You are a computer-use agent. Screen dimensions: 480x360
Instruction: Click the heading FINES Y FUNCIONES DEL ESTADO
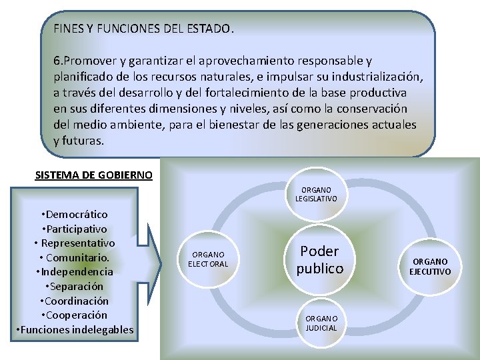point(143,29)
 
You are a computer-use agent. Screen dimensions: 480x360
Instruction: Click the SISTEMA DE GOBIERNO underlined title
point(93,175)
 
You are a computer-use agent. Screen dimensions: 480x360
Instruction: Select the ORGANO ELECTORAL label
point(208,259)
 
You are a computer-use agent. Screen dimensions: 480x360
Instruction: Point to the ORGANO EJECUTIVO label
point(431,267)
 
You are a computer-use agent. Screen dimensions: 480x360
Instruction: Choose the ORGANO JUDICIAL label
point(321,323)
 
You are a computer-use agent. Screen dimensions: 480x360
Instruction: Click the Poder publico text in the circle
point(320,259)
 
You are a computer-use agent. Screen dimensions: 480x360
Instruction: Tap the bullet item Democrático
point(74,214)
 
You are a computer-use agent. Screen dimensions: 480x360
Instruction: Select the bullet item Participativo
point(74,229)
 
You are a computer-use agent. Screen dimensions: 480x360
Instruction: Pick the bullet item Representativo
point(74,243)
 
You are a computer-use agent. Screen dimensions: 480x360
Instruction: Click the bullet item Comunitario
point(74,257)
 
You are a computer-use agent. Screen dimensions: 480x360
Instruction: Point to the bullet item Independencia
point(74,271)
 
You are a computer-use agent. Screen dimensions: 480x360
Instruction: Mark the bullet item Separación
point(74,286)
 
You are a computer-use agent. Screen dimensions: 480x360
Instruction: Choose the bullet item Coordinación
point(74,301)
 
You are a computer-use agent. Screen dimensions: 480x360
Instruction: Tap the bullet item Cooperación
point(74,315)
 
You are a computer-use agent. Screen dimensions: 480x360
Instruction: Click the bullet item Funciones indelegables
point(74,329)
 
